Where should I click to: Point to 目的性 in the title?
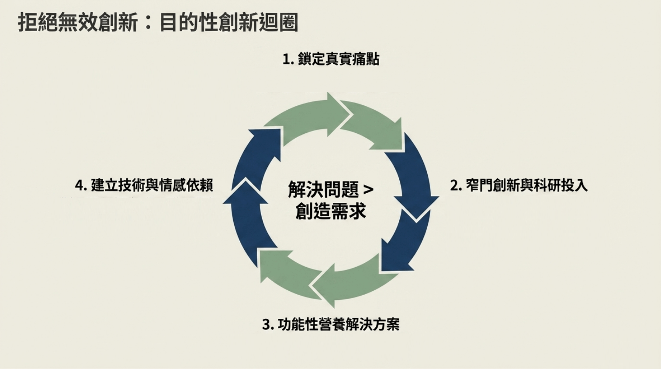[188, 23]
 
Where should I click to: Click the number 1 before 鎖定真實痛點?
[286, 59]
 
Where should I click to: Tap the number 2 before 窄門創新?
[454, 185]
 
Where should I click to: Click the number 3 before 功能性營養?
[266, 325]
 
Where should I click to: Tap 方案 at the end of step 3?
[386, 325]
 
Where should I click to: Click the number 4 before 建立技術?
[80, 185]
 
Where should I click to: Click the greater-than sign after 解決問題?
[368, 190]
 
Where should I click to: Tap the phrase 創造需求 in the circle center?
[331, 212]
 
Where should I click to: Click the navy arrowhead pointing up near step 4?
[246, 192]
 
